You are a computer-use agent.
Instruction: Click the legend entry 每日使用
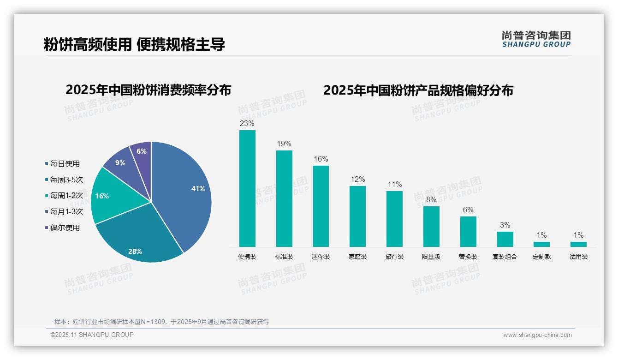pyautogui.click(x=65, y=163)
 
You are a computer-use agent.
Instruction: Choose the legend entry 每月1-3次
pyautogui.click(x=66, y=211)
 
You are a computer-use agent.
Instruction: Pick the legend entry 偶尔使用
pyautogui.click(x=65, y=228)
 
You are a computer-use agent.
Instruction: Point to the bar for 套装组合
pyautogui.click(x=505, y=239)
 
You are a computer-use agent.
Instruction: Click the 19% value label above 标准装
pyautogui.click(x=284, y=144)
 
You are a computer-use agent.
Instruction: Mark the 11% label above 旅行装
pyautogui.click(x=394, y=185)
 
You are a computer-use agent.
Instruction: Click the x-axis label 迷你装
pyautogui.click(x=321, y=257)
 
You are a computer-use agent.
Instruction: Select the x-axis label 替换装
pyautogui.click(x=468, y=257)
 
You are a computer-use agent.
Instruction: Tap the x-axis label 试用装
pyautogui.click(x=578, y=257)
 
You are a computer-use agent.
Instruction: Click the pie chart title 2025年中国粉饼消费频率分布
pyautogui.click(x=148, y=90)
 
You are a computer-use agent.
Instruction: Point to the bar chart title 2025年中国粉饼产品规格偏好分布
pyautogui.click(x=418, y=90)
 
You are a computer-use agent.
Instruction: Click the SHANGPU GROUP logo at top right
pyautogui.click(x=536, y=39)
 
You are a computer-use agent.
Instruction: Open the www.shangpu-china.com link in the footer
pyautogui.click(x=537, y=335)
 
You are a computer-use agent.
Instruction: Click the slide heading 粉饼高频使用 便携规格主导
pyautogui.click(x=134, y=45)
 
